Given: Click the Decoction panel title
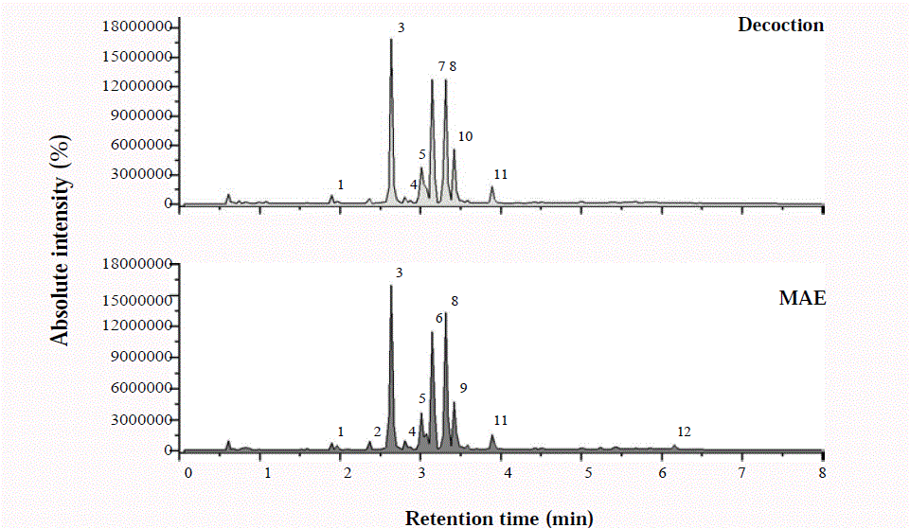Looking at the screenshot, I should point(780,25).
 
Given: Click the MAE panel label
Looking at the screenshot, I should point(801,298).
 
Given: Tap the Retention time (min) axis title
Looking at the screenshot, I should point(499,517).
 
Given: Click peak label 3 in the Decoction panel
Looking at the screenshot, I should point(401,28).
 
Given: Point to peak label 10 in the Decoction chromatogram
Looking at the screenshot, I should point(465,136).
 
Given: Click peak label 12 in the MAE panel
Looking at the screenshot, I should point(684,431).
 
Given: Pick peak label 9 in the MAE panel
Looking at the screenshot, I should point(463,388).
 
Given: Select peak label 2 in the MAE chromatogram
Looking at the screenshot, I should point(377,431).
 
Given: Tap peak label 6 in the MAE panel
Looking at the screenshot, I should point(439,319).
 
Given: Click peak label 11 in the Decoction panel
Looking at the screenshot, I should point(501,174).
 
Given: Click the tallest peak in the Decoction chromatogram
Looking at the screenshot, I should point(391,41).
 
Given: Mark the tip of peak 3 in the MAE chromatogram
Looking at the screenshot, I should point(391,287).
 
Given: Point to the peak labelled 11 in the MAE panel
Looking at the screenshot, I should point(491,437).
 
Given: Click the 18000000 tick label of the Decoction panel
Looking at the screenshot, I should point(138,27).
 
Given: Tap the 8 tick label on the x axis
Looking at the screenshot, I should point(822,470).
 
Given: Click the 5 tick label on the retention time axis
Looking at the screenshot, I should point(585,470).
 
